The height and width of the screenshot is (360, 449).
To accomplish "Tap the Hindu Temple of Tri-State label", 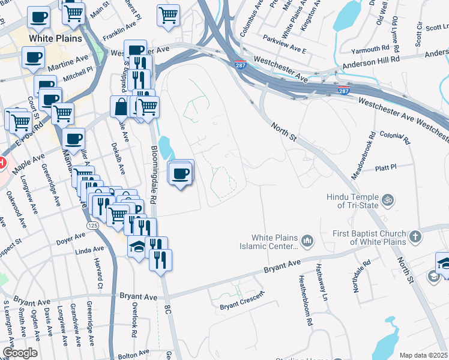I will pos(352,201).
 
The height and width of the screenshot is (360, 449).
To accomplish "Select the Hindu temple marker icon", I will pos(388,199).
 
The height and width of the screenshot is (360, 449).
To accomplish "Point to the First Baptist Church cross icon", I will pos(415,237).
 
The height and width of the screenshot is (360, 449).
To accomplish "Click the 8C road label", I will pos(167,309).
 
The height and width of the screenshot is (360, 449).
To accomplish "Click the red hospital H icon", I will pos(2,163).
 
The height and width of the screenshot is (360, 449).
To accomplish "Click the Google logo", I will pos(19,353).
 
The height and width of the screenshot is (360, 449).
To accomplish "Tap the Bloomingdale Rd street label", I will pos(154,175).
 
